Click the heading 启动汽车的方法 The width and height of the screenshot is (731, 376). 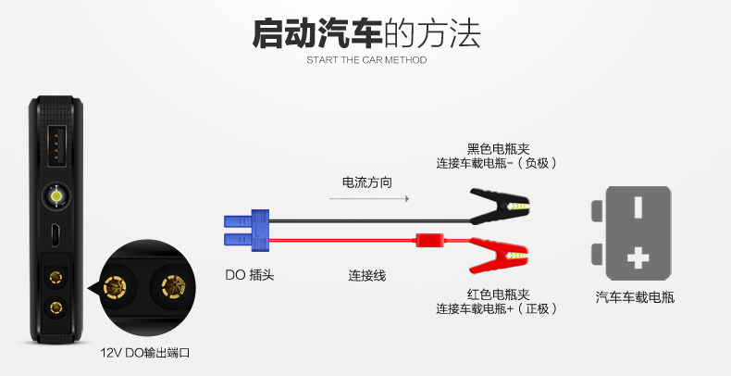click(x=366, y=34)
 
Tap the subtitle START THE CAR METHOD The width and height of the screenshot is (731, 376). click(x=366, y=61)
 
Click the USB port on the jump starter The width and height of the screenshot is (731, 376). click(x=56, y=144)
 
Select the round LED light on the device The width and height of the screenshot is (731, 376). click(x=56, y=196)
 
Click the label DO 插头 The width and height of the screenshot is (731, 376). click(x=250, y=275)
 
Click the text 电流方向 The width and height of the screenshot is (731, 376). click(x=367, y=182)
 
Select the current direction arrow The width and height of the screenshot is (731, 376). click(x=370, y=198)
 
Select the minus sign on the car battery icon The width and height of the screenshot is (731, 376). click(x=636, y=206)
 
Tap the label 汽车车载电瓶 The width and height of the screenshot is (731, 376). click(x=635, y=298)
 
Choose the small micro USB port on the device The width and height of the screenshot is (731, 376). click(x=56, y=235)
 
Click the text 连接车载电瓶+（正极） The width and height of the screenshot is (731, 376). click(x=497, y=308)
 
